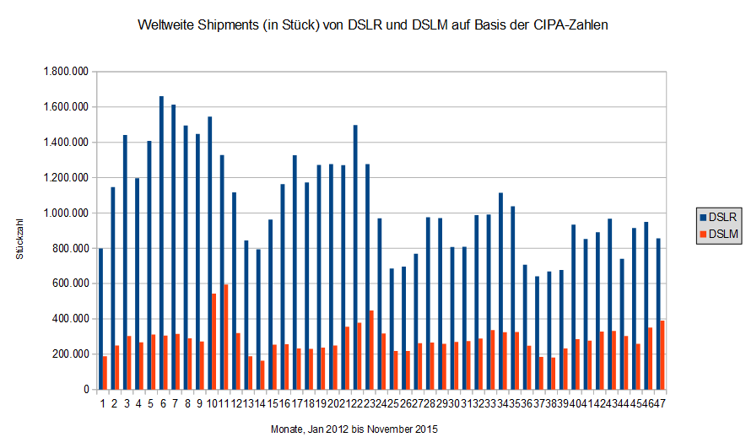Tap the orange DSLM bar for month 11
[226, 337]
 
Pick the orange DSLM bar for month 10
[214, 342]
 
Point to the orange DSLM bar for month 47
[662, 355]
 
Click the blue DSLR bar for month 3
[125, 262]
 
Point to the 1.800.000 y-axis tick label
[65, 72]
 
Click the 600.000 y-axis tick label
[70, 283]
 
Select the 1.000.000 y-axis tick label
[65, 213]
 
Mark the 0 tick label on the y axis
[87, 390]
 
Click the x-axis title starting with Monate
[354, 429]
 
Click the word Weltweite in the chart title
[168, 25]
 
